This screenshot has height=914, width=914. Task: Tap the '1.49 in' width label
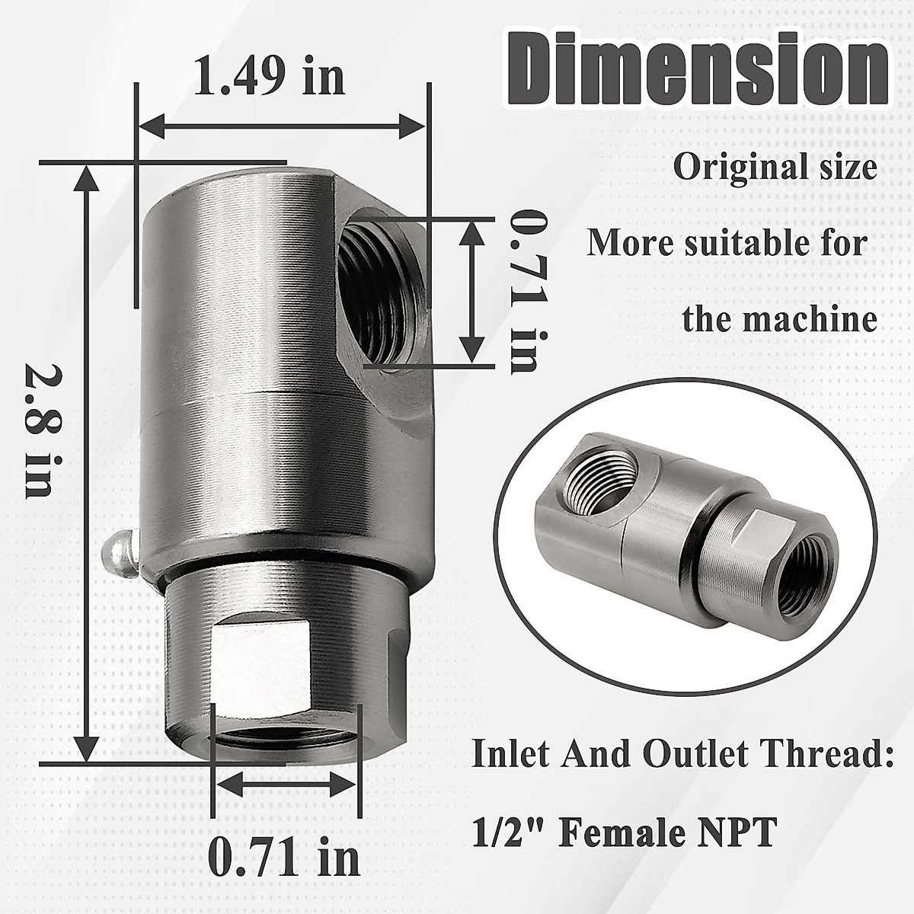tap(268, 76)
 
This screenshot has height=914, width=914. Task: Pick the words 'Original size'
tap(774, 168)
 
